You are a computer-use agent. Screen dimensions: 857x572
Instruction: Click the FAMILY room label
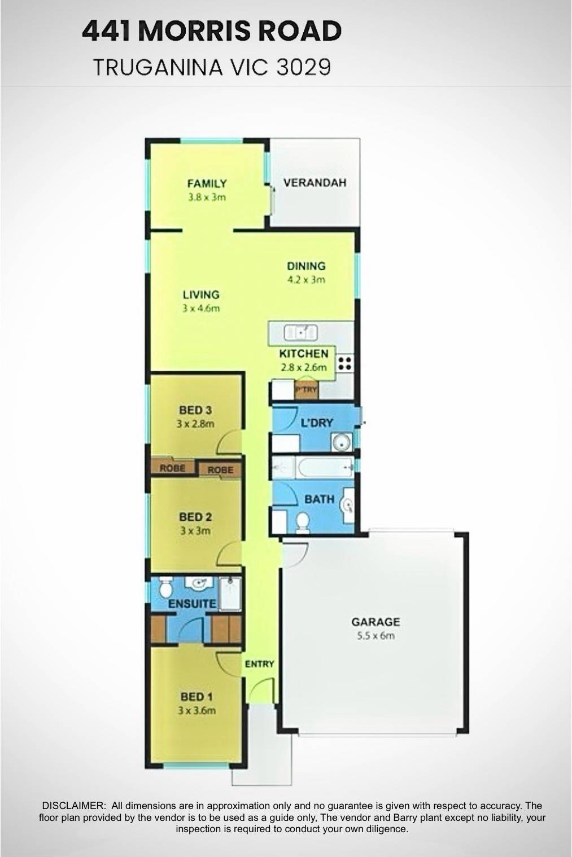[207, 183]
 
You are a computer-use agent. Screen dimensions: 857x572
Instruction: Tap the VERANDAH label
[315, 183]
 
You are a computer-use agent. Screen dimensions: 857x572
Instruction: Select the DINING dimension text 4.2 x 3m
[306, 280]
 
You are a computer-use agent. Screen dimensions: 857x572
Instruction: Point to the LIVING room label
[200, 295]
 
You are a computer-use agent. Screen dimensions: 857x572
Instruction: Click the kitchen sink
[300, 332]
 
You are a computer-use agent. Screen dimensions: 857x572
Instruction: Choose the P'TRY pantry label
[307, 389]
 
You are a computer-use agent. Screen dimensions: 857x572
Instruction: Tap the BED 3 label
[195, 410]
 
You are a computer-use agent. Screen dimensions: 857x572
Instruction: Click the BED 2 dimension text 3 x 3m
[195, 531]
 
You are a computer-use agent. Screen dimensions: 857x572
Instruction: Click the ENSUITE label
[192, 604]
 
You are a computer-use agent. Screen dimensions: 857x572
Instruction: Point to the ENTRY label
[259, 664]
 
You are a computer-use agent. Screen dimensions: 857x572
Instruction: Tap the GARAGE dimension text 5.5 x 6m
[375, 636]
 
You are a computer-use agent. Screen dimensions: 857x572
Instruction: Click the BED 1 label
[197, 697]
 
